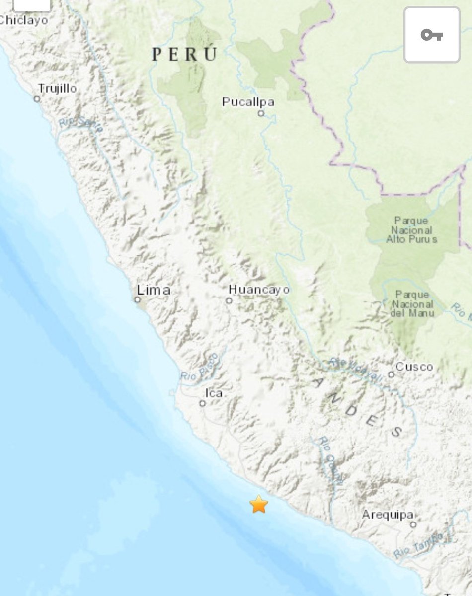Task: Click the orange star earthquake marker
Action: click(x=259, y=504)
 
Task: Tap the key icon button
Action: click(x=432, y=35)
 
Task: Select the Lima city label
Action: click(x=154, y=290)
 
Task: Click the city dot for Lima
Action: click(x=137, y=299)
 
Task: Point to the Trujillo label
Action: click(x=58, y=89)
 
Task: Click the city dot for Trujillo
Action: click(x=37, y=99)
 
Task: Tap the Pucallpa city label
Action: click(x=248, y=102)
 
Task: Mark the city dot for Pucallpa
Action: click(x=260, y=113)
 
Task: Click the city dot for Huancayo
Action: click(x=229, y=300)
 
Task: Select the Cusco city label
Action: click(x=414, y=367)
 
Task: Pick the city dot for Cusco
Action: click(x=391, y=374)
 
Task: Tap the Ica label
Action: click(x=214, y=393)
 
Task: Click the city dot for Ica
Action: click(x=202, y=403)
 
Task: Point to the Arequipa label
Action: click(x=388, y=515)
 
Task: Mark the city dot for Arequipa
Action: click(x=413, y=524)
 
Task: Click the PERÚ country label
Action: click(x=185, y=54)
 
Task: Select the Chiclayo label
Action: click(x=24, y=20)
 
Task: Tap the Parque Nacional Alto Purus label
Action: click(x=412, y=229)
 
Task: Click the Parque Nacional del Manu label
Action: click(x=412, y=304)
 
